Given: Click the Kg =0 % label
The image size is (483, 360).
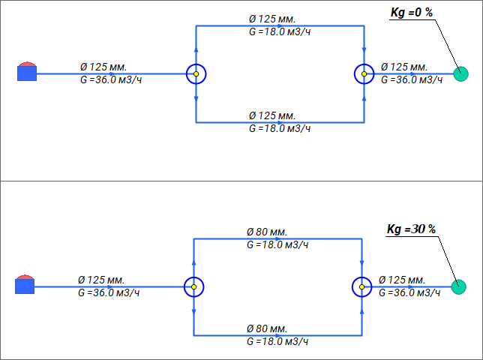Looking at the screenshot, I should [x=412, y=13].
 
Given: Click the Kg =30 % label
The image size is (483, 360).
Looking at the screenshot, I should [x=411, y=229].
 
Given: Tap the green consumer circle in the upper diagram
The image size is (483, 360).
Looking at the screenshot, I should [x=460, y=73].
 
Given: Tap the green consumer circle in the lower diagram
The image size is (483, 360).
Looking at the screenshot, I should [x=459, y=286].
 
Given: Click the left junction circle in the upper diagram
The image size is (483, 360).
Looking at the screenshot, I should [x=196, y=73].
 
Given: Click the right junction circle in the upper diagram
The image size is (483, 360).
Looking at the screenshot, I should [x=364, y=73].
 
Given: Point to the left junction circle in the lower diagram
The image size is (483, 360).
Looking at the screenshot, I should [x=194, y=286].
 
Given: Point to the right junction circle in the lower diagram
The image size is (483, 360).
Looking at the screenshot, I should [x=362, y=286].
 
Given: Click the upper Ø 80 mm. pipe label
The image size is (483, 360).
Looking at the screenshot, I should [x=267, y=232].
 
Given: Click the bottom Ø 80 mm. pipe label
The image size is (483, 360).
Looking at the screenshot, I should [x=267, y=329].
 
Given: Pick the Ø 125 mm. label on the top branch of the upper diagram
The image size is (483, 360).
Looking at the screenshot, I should [x=272, y=19].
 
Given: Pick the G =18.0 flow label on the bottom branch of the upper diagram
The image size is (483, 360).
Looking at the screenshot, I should [x=279, y=129].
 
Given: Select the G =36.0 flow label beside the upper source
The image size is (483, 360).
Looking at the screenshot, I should [x=110, y=80].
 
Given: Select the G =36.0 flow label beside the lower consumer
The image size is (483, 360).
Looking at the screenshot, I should [x=409, y=292].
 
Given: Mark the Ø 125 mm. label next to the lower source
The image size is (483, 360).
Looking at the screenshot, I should [x=101, y=280].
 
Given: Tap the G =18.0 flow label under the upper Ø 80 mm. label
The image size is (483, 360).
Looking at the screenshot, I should [x=277, y=245].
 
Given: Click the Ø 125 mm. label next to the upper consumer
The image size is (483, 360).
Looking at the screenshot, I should [x=406, y=67].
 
